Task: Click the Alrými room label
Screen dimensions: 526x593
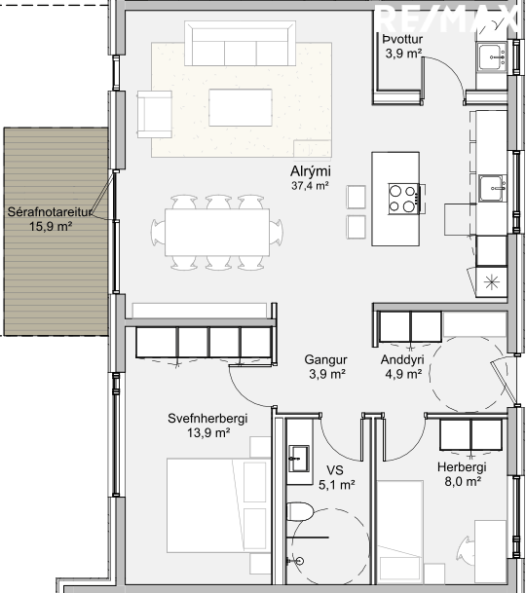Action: click(x=311, y=171)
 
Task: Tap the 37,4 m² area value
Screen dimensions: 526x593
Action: click(x=310, y=186)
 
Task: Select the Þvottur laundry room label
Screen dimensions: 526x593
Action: click(x=402, y=39)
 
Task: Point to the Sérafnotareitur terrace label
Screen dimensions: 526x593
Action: click(x=50, y=212)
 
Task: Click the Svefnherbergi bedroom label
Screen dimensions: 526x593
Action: click(x=207, y=419)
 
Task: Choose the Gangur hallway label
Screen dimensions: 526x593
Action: click(x=325, y=359)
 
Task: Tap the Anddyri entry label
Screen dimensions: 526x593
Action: click(x=402, y=359)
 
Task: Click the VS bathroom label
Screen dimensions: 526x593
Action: click(x=335, y=470)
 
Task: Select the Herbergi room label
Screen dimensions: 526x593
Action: click(x=462, y=467)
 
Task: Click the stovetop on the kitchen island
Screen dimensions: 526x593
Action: click(x=404, y=199)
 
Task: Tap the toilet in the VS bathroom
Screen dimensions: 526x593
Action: click(x=300, y=511)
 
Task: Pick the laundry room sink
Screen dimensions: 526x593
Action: click(x=492, y=56)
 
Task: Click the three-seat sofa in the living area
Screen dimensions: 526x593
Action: click(x=240, y=44)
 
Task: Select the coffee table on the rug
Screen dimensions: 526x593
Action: click(x=241, y=107)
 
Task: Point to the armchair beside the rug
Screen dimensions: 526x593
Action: click(x=155, y=114)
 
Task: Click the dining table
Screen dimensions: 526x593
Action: click(x=217, y=232)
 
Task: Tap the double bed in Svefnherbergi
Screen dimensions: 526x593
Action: click(x=218, y=505)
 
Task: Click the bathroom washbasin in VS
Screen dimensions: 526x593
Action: click(x=299, y=459)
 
